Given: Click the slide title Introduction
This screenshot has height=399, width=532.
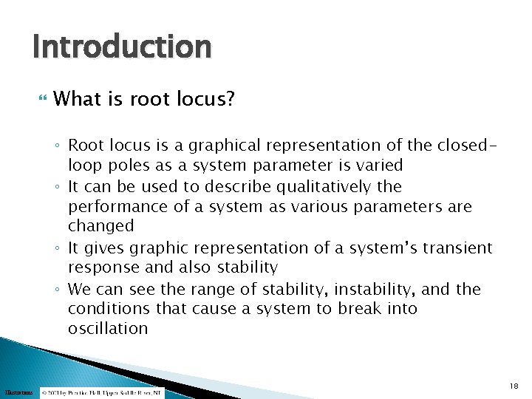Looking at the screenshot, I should (122, 47).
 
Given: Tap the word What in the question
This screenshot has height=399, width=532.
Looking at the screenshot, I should (77, 99).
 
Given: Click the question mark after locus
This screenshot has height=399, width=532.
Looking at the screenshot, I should (229, 99).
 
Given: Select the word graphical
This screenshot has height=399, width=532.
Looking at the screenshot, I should (214, 145).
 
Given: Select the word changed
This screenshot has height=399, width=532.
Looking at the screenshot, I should (101, 226).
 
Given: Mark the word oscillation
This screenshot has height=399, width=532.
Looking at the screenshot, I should (108, 329).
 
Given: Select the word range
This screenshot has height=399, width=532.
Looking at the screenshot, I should (195, 289).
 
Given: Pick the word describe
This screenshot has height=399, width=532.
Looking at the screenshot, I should (250, 186).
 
